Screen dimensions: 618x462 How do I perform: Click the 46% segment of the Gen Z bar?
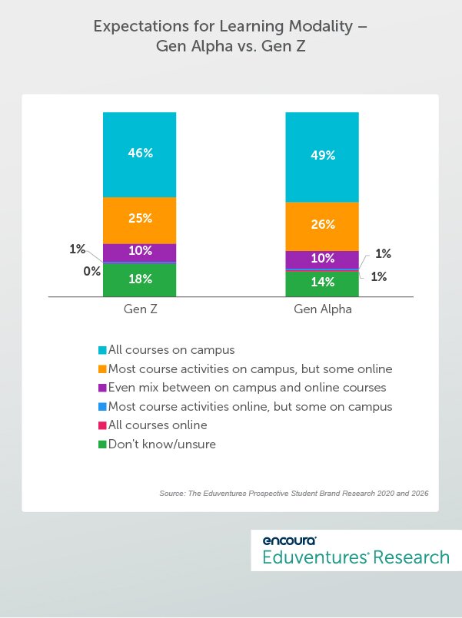click(140, 154)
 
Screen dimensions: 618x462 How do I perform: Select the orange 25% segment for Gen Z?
click(140, 219)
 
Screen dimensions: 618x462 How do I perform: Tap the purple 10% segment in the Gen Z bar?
click(140, 252)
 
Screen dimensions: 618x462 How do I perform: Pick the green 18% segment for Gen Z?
click(140, 280)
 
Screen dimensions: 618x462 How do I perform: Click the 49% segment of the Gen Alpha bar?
click(322, 156)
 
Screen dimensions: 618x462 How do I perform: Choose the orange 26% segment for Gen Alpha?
click(322, 226)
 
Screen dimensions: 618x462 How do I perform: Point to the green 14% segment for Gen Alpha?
click(322, 283)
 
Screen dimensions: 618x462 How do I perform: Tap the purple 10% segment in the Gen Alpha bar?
click(322, 259)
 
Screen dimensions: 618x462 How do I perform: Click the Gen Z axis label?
click(140, 311)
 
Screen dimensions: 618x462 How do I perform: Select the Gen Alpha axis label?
click(322, 311)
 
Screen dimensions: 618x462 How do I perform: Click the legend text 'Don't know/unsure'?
click(162, 444)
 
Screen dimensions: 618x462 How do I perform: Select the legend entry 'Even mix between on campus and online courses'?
click(247, 388)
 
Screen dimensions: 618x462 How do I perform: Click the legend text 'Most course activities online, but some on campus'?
click(250, 406)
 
